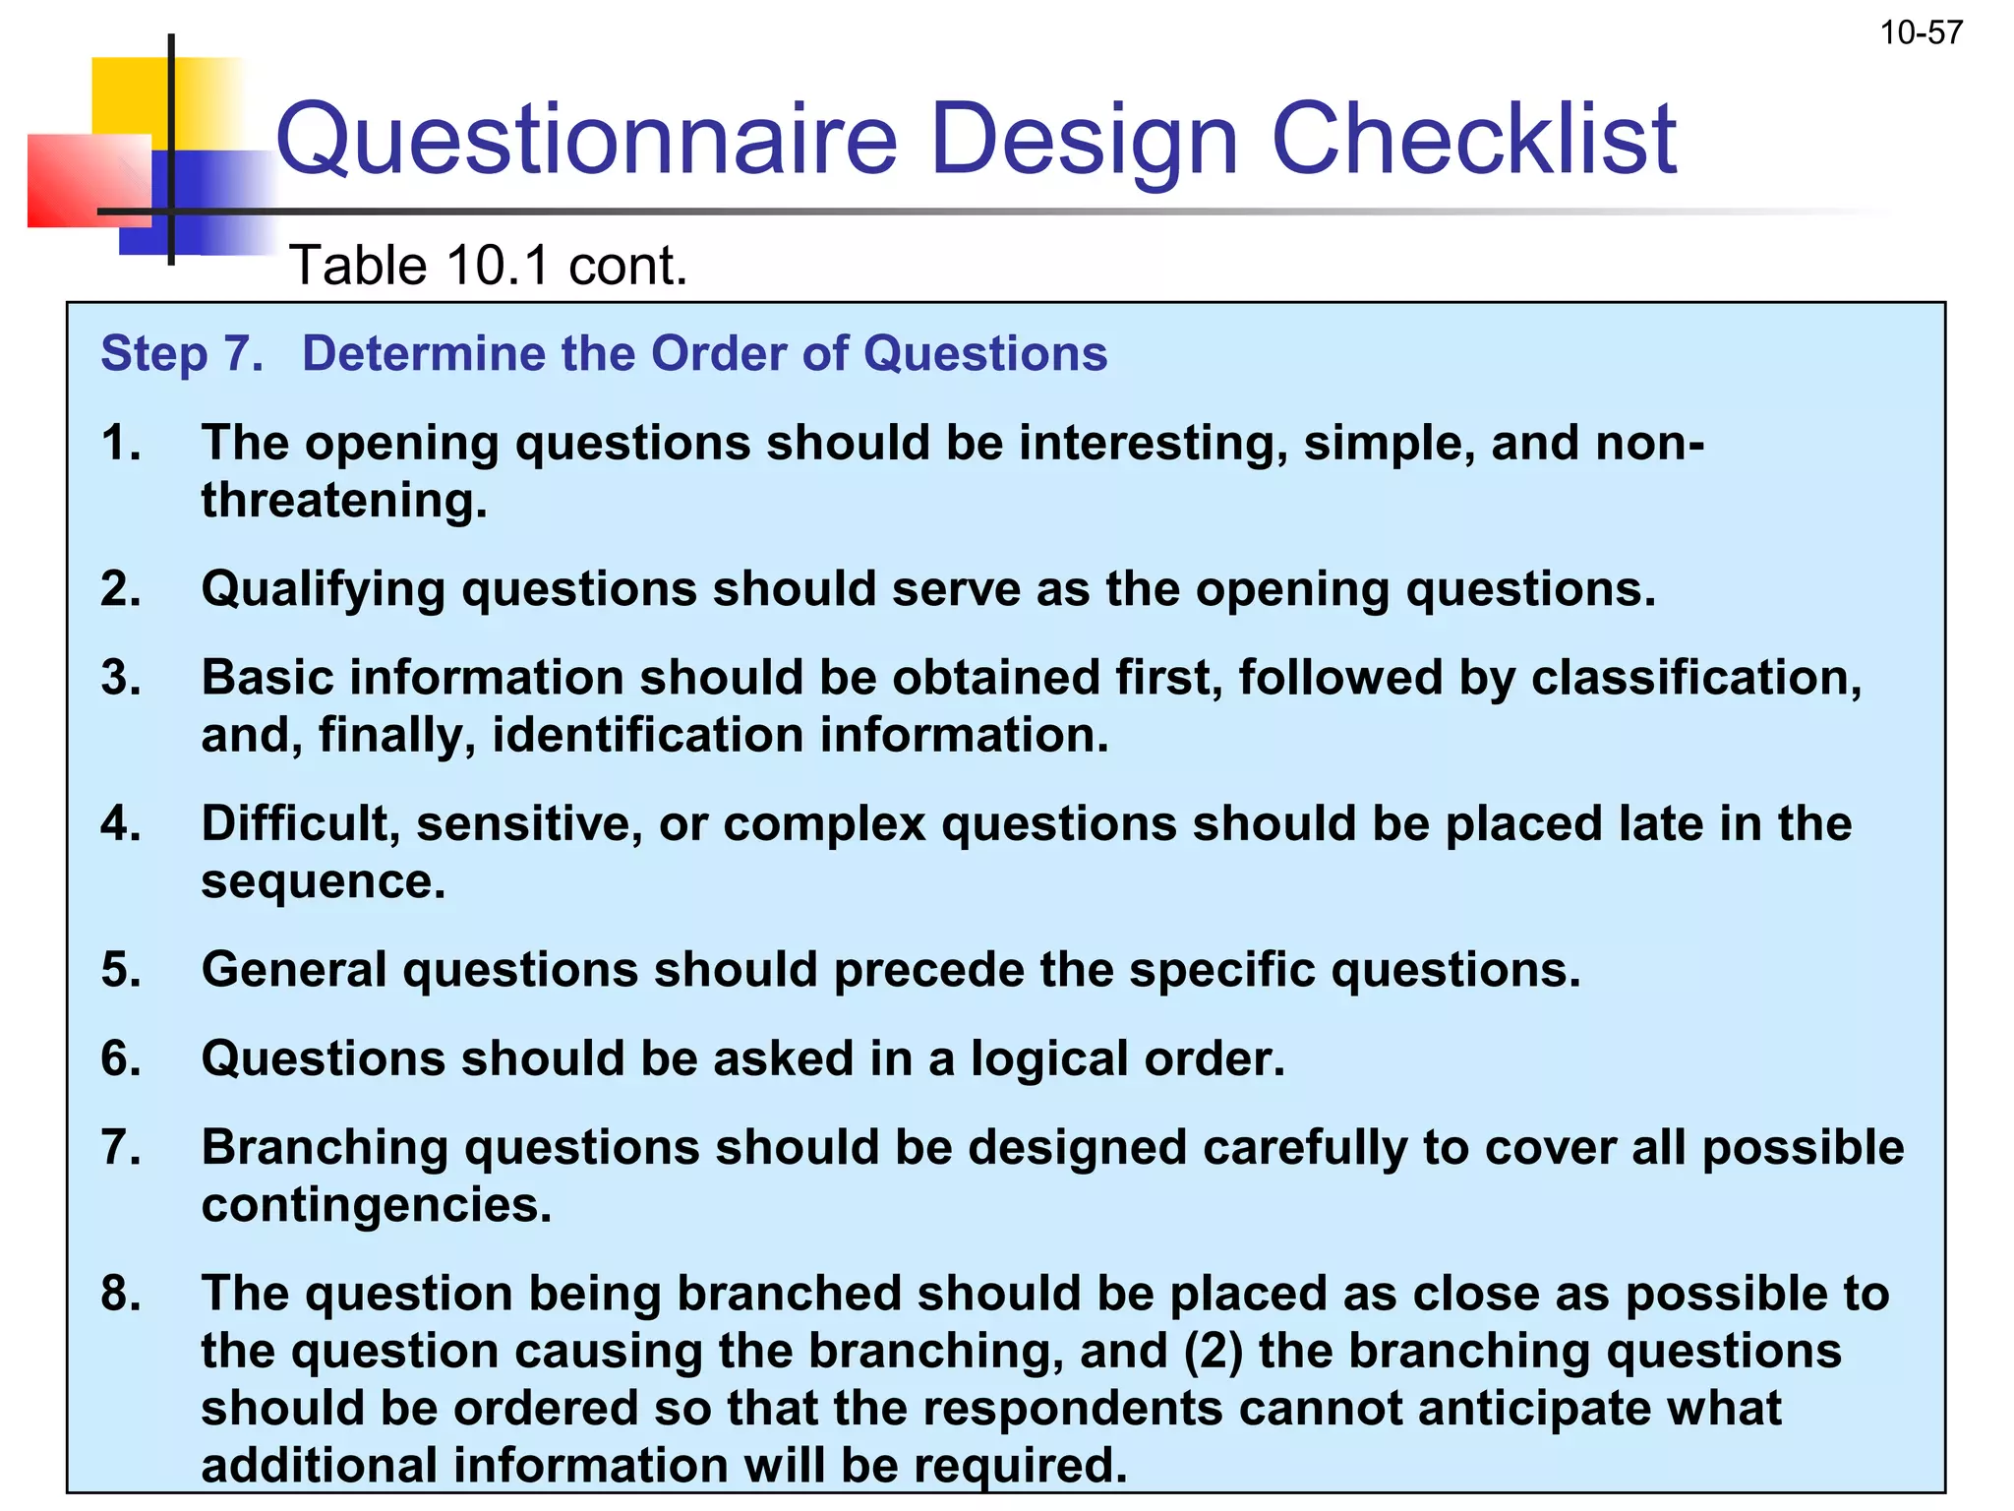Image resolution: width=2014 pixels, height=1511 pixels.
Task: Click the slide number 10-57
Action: (x=1921, y=33)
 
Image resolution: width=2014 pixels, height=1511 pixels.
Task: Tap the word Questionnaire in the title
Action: (x=586, y=140)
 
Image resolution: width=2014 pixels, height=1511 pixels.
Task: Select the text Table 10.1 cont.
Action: (x=488, y=267)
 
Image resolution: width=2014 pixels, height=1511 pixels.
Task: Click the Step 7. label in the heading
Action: (x=183, y=354)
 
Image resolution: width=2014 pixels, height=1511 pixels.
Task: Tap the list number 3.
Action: (x=120, y=678)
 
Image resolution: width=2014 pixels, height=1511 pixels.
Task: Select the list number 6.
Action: (x=120, y=1059)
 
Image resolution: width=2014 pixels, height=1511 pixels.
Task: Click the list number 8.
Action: (x=120, y=1294)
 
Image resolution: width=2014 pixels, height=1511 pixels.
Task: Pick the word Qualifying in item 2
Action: (x=323, y=589)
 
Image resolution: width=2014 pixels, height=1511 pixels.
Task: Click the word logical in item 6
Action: (x=1048, y=1059)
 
